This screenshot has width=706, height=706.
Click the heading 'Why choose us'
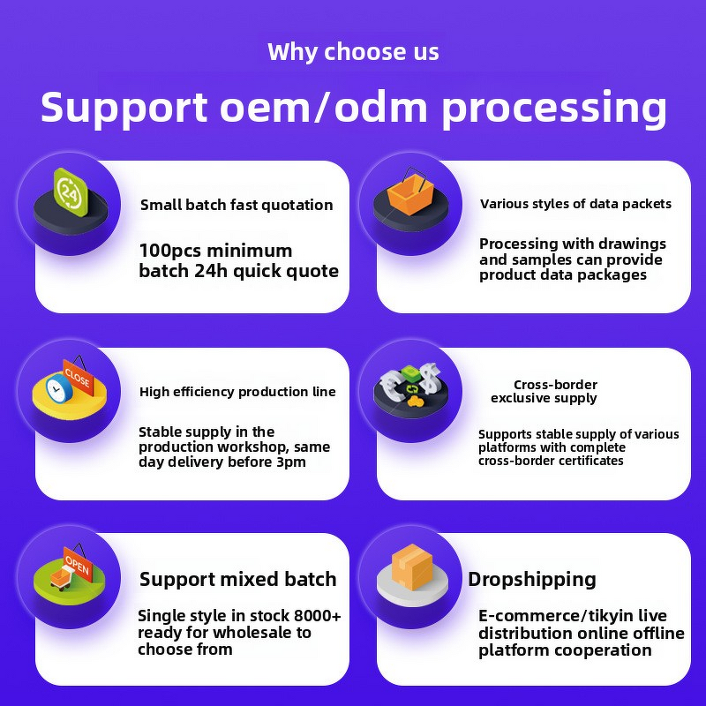point(353,52)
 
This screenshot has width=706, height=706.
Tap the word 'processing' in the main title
point(553,108)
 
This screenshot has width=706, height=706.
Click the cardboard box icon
point(411,567)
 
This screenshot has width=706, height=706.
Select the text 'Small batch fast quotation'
point(237,205)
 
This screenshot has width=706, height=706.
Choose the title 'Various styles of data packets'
point(575,204)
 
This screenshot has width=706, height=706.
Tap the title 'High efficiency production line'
point(237,392)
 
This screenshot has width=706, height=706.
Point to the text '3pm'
point(288,462)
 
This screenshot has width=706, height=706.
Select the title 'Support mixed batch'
point(237,580)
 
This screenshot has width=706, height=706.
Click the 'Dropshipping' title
point(532,580)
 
